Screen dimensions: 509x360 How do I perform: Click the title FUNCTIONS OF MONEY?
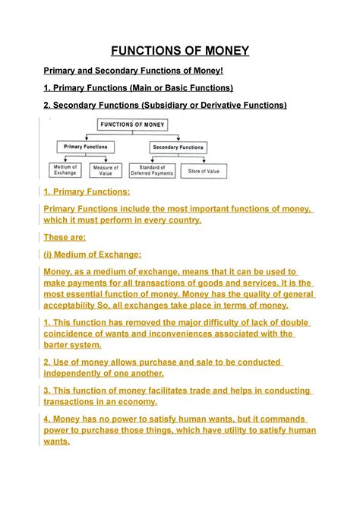[180, 51]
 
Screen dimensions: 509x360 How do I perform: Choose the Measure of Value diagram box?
[106, 170]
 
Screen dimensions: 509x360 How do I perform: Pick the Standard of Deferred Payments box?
[152, 170]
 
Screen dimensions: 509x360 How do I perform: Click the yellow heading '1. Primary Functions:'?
[87, 192]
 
